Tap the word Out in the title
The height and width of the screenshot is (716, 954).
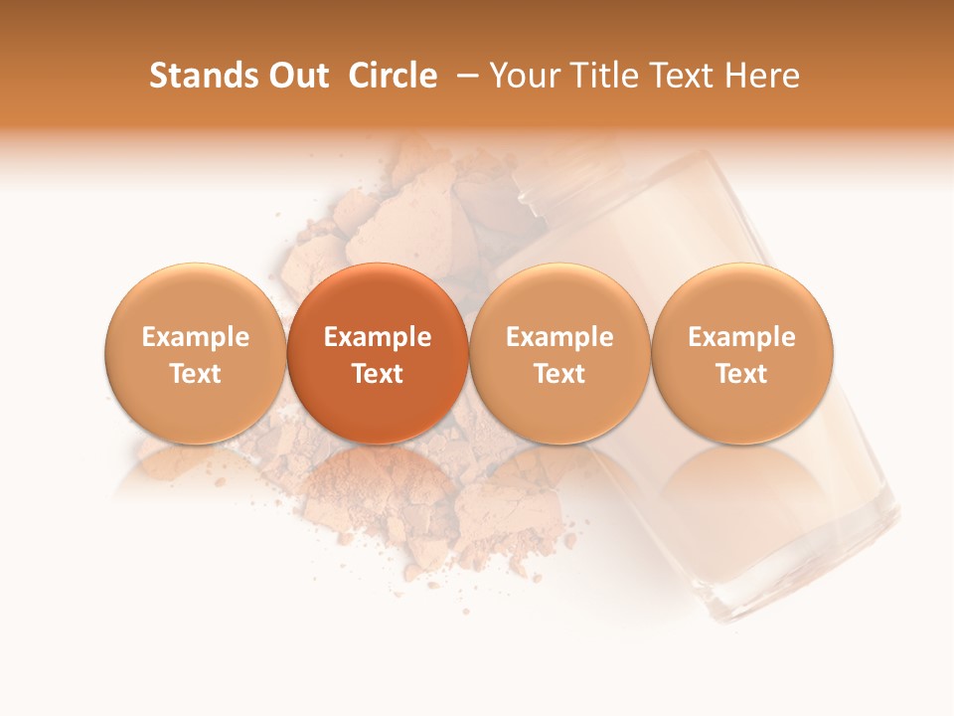[296, 76]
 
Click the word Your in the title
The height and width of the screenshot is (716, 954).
[525, 76]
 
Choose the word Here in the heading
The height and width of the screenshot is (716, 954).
[762, 76]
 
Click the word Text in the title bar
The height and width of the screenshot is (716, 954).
[684, 76]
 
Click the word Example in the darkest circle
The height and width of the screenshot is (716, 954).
[378, 337]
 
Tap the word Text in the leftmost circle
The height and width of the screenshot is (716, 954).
[195, 374]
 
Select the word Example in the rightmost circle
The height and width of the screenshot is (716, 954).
[741, 337]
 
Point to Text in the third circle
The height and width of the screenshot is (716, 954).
[559, 374]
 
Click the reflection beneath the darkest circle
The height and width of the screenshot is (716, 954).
[378, 482]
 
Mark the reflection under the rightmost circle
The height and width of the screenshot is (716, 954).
[741, 482]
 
